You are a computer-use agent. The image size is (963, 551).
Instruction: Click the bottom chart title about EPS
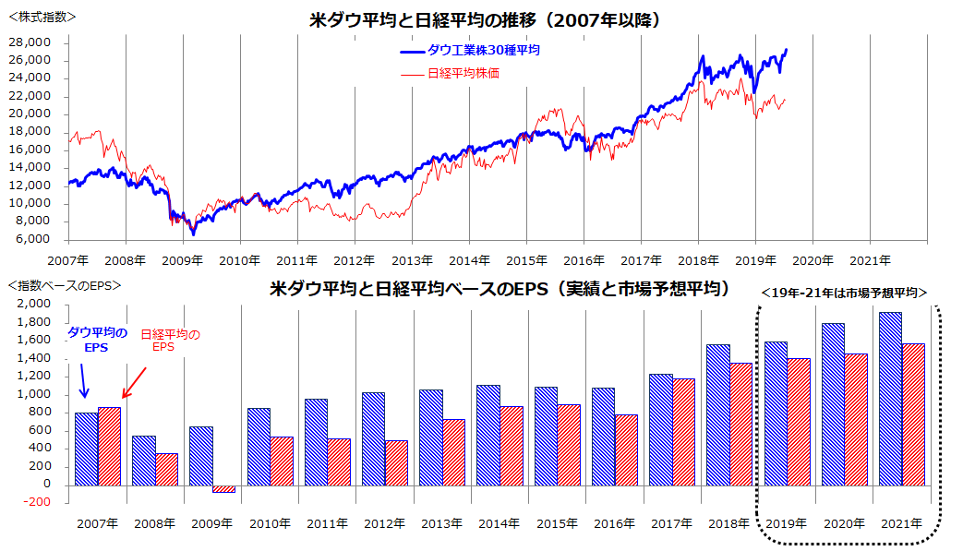pyautogui.click(x=499, y=289)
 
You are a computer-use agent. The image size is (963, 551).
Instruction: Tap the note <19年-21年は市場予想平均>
pyautogui.click(x=844, y=293)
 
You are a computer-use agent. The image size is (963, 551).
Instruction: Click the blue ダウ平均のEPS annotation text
pyautogui.click(x=99, y=340)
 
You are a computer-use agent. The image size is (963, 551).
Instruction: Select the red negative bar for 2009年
pyautogui.click(x=223, y=489)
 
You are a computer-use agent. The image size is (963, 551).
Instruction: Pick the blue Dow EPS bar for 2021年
pyautogui.click(x=890, y=399)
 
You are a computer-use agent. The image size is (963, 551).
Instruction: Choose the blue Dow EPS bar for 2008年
pyautogui.click(x=143, y=461)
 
